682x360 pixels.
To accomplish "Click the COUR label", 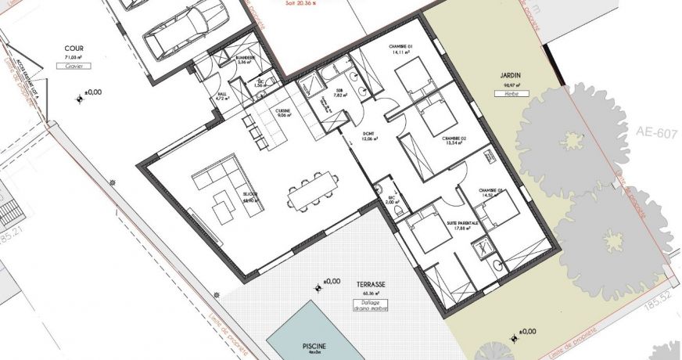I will [x=74, y=48].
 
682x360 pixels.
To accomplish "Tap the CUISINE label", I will [x=282, y=111].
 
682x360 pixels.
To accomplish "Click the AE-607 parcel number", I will [x=655, y=133].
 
